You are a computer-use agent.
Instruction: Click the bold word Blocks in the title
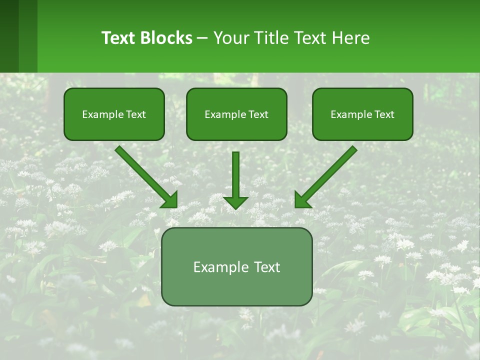(x=165, y=38)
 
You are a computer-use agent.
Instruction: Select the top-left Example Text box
(x=114, y=114)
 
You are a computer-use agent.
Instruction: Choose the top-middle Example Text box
(x=236, y=114)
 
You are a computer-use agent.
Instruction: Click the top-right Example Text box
(x=362, y=114)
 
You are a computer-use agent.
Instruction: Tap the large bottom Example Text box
(x=236, y=266)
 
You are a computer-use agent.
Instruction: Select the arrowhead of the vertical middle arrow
(x=235, y=202)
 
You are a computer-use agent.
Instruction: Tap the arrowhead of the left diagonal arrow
(x=170, y=200)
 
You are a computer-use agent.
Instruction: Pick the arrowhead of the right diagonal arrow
(x=302, y=200)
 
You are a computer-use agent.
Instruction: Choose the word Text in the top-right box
(x=384, y=114)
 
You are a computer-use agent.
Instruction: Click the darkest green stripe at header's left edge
(x=9, y=36)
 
